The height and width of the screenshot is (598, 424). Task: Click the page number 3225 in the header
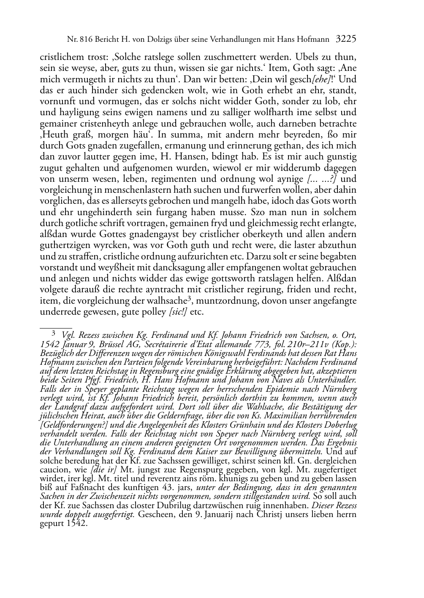click(346, 40)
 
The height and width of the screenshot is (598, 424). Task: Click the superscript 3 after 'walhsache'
click(190, 299)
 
